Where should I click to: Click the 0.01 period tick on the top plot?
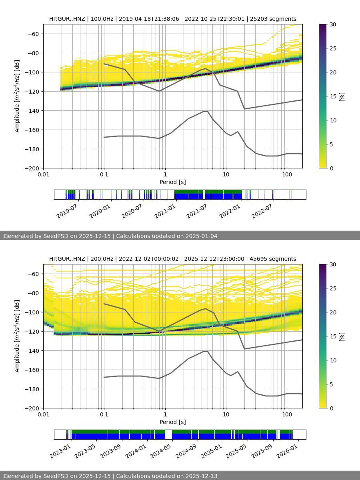tap(43, 174)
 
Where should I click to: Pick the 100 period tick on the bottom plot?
tap(287, 414)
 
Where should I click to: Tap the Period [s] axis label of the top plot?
tap(172, 182)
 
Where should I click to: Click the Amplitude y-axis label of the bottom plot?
tap(17, 336)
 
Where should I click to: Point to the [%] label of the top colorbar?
tap(342, 96)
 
